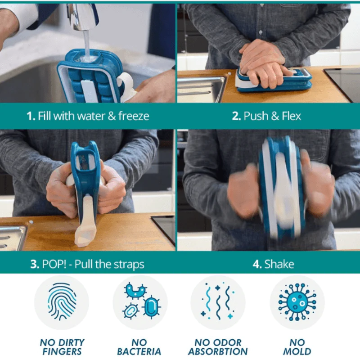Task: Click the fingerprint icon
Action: [62, 301]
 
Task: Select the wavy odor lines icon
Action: [218, 301]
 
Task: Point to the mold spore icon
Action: [297, 302]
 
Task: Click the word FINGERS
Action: [62, 351]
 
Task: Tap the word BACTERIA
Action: [139, 351]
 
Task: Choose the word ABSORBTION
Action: [218, 351]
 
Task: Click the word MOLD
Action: [297, 351]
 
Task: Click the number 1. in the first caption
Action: [31, 116]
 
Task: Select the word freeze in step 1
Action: [134, 116]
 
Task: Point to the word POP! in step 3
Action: [54, 264]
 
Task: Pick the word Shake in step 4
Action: [279, 264]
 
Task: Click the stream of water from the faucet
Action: [87, 44]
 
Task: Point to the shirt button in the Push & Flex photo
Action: [261, 32]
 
